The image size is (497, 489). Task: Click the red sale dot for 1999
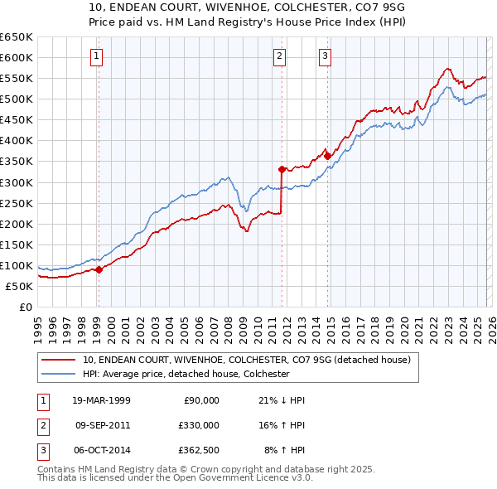click(x=99, y=269)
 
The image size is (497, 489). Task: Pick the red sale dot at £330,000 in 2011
click(x=282, y=169)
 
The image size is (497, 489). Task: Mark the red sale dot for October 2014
click(x=327, y=156)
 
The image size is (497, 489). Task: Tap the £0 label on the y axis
click(x=25, y=307)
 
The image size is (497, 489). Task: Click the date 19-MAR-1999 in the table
click(x=102, y=400)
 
